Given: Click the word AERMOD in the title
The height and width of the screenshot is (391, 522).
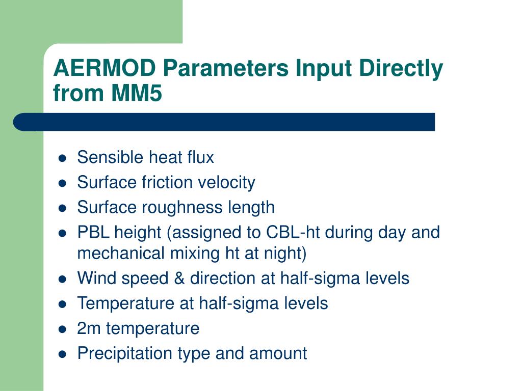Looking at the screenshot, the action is click(x=105, y=68).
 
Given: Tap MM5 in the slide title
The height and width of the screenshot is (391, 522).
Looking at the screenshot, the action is click(x=137, y=93).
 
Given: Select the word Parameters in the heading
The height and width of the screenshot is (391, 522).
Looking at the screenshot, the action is click(x=226, y=68).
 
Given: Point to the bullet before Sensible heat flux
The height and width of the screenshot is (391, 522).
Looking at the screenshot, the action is click(x=62, y=158).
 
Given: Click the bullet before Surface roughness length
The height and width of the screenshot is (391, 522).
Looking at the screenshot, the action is click(x=62, y=208).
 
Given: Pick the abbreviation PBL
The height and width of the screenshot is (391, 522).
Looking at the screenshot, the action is click(x=93, y=232).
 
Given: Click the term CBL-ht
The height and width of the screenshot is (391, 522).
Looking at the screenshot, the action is click(x=293, y=232).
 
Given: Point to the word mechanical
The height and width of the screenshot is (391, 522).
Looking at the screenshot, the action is click(x=121, y=253).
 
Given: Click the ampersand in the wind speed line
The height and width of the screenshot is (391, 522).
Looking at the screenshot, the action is click(x=179, y=278).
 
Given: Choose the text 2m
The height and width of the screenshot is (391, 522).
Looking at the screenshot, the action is click(x=89, y=328).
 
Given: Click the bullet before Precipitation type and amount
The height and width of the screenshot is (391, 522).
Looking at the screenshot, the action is click(x=62, y=354).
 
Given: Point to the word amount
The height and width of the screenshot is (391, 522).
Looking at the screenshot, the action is click(x=278, y=353).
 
